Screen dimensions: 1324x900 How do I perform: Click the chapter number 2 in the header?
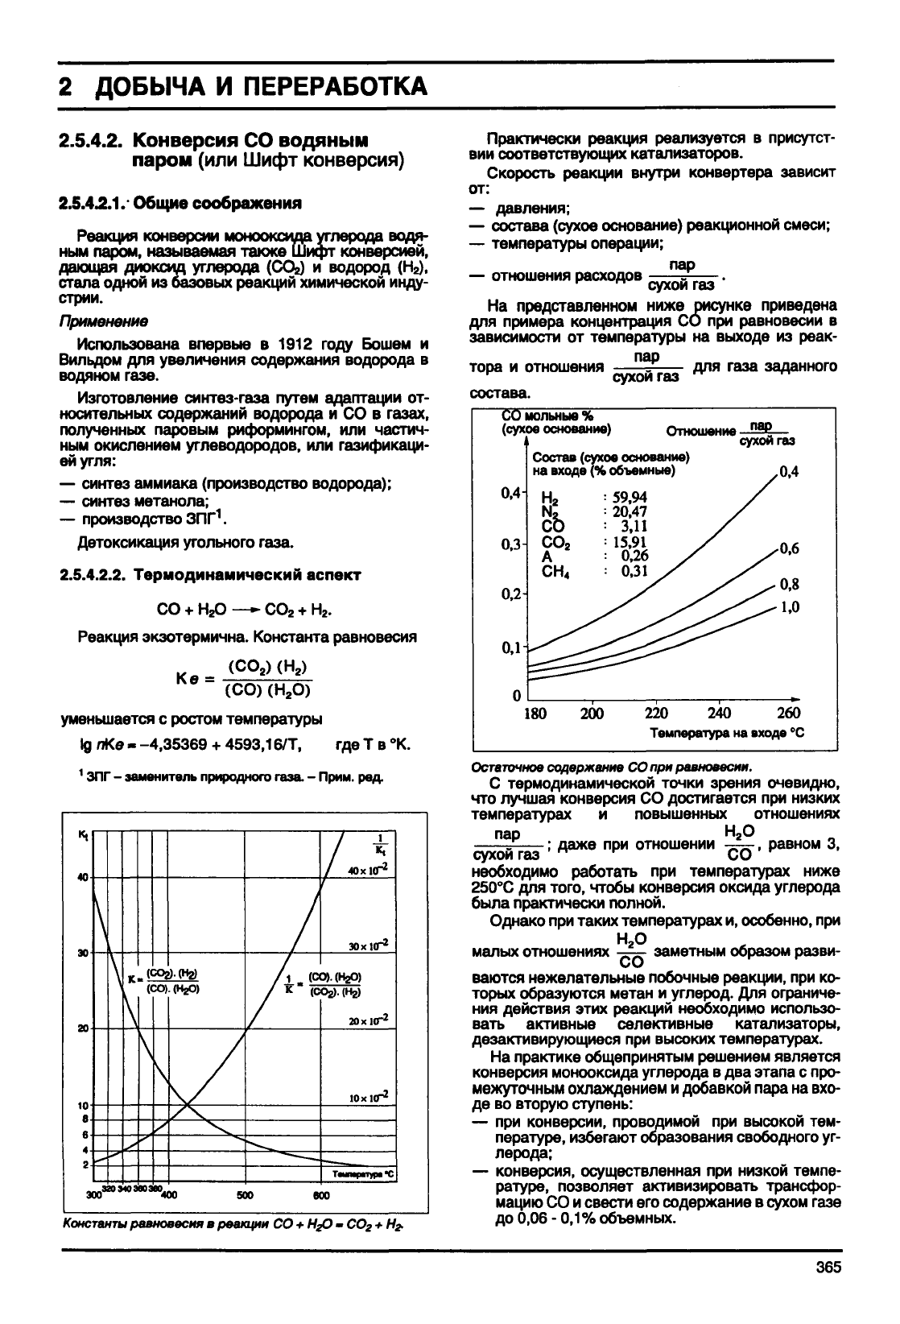67,86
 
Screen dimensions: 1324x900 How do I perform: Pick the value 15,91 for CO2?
630,542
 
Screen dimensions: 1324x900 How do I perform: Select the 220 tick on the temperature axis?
656,713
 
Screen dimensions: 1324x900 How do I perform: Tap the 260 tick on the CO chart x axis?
788,713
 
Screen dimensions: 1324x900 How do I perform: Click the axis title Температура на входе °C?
727,733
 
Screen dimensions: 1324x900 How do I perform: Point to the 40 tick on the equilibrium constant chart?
82,877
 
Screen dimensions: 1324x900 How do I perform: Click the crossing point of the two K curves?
187,1103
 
